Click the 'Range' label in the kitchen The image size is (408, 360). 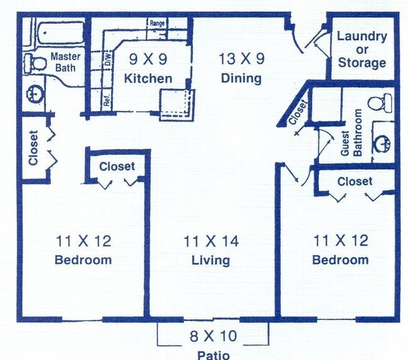pyautogui.click(x=157, y=24)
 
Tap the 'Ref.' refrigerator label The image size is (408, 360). pyautogui.click(x=107, y=101)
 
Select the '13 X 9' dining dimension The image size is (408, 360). pyautogui.click(x=242, y=60)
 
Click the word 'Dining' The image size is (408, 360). pyautogui.click(x=241, y=78)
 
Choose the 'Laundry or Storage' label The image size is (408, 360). pyautogui.click(x=362, y=49)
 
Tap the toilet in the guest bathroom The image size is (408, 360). pyautogui.click(x=379, y=101)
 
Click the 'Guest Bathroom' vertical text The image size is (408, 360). pyautogui.click(x=350, y=133)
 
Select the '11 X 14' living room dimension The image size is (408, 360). pyautogui.click(x=211, y=241)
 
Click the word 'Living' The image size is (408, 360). pyautogui.click(x=211, y=260)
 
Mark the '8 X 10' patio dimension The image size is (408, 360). pyautogui.click(x=213, y=336)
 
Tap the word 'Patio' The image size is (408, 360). pyautogui.click(x=213, y=354)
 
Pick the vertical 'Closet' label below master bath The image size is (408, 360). pyautogui.click(x=33, y=148)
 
